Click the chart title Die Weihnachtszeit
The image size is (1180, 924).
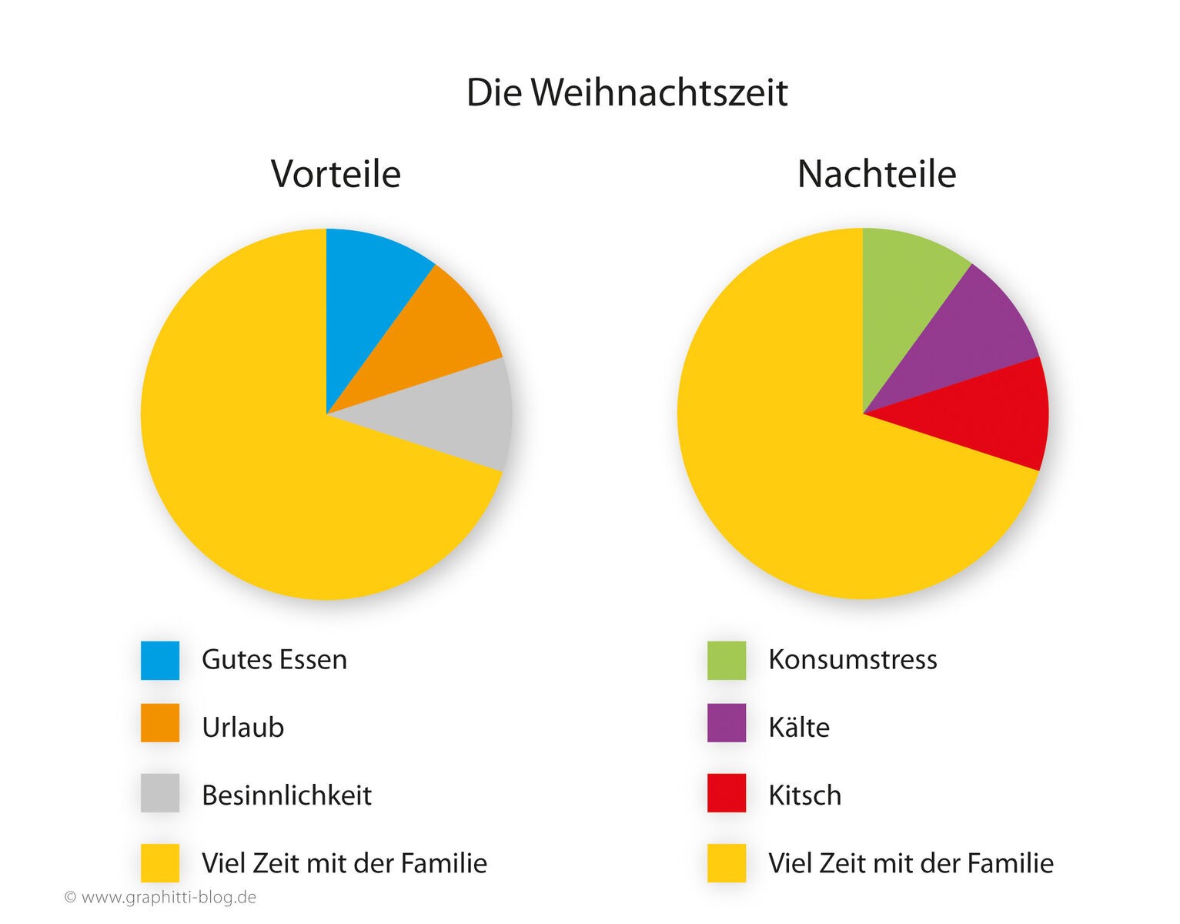627,93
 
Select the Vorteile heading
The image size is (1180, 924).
336,174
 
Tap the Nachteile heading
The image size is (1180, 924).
876,174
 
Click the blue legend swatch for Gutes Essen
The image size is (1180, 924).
160,661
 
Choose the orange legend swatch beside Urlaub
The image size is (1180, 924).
160,723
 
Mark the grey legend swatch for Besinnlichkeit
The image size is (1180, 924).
160,793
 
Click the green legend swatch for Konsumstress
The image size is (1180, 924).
727,661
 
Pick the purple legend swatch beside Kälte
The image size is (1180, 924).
727,723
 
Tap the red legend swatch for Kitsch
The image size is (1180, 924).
727,793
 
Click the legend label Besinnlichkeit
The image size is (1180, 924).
286,795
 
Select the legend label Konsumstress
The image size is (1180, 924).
852,660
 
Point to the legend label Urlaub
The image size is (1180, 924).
242,728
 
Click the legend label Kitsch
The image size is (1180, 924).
804,795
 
